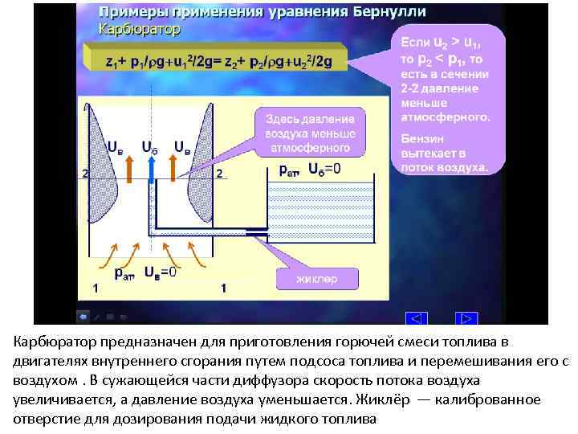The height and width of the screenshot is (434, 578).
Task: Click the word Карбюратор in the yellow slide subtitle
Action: (x=139, y=28)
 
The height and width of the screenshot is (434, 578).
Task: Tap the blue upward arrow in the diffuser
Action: (x=151, y=166)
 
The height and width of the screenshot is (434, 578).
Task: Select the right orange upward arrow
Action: (x=173, y=166)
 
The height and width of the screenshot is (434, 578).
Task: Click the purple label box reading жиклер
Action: (x=317, y=279)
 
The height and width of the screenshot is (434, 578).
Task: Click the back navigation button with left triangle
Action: (x=417, y=319)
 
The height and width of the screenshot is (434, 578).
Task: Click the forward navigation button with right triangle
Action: (x=467, y=319)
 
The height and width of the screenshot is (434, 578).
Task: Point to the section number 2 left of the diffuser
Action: (x=84, y=174)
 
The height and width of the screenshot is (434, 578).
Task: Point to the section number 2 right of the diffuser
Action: (x=218, y=174)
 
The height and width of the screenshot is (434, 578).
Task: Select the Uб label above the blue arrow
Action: (x=149, y=147)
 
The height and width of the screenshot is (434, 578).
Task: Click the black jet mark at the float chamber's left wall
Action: (x=258, y=233)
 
